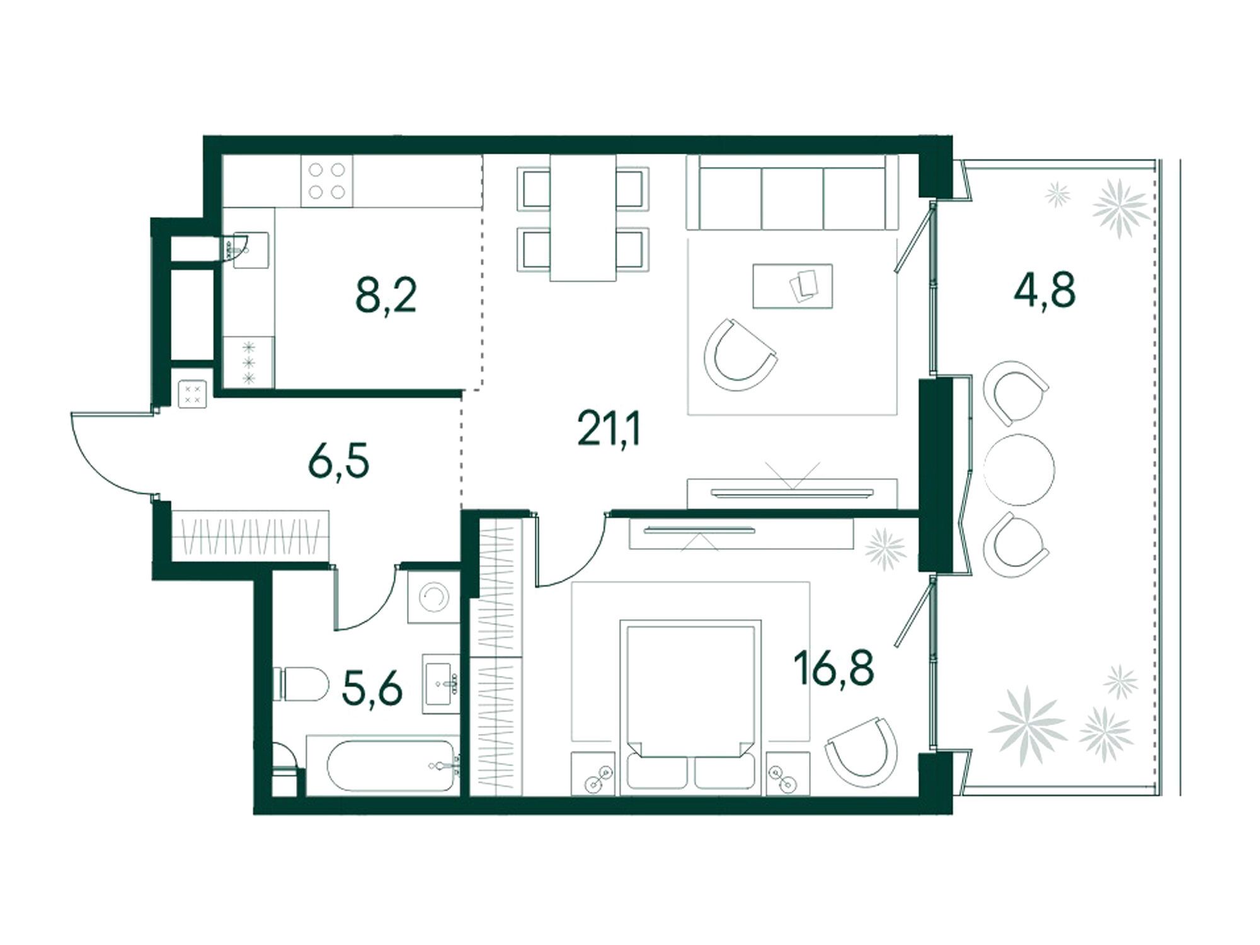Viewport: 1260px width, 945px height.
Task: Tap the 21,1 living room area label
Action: [609, 430]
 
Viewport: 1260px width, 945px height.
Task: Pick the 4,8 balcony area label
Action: [1045, 290]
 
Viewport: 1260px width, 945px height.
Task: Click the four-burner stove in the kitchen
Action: [327, 181]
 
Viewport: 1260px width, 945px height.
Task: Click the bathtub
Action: [382, 765]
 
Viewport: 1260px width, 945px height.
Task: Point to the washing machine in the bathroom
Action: [434, 595]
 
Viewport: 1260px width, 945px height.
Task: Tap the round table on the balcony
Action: [1019, 469]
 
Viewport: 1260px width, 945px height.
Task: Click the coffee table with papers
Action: [793, 286]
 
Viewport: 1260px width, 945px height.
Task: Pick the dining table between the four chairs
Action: [583, 218]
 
